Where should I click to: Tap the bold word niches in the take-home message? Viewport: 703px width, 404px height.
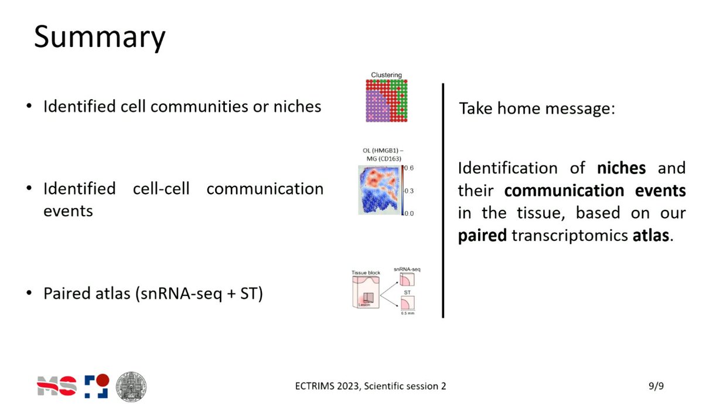(x=622, y=169)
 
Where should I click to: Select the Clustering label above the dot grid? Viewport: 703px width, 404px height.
(x=386, y=75)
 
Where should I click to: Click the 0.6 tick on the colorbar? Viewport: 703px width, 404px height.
(x=408, y=169)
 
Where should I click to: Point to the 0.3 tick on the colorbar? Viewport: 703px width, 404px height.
(x=408, y=191)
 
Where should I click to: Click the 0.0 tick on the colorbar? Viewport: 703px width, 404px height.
(x=408, y=213)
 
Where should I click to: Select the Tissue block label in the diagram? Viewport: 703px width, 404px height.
(x=367, y=273)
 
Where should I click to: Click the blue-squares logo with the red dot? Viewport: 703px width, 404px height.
(x=95, y=385)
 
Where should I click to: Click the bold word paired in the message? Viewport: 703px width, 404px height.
(x=482, y=236)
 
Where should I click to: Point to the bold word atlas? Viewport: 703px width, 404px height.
(x=651, y=236)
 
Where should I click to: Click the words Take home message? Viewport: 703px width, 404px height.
(x=536, y=109)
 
